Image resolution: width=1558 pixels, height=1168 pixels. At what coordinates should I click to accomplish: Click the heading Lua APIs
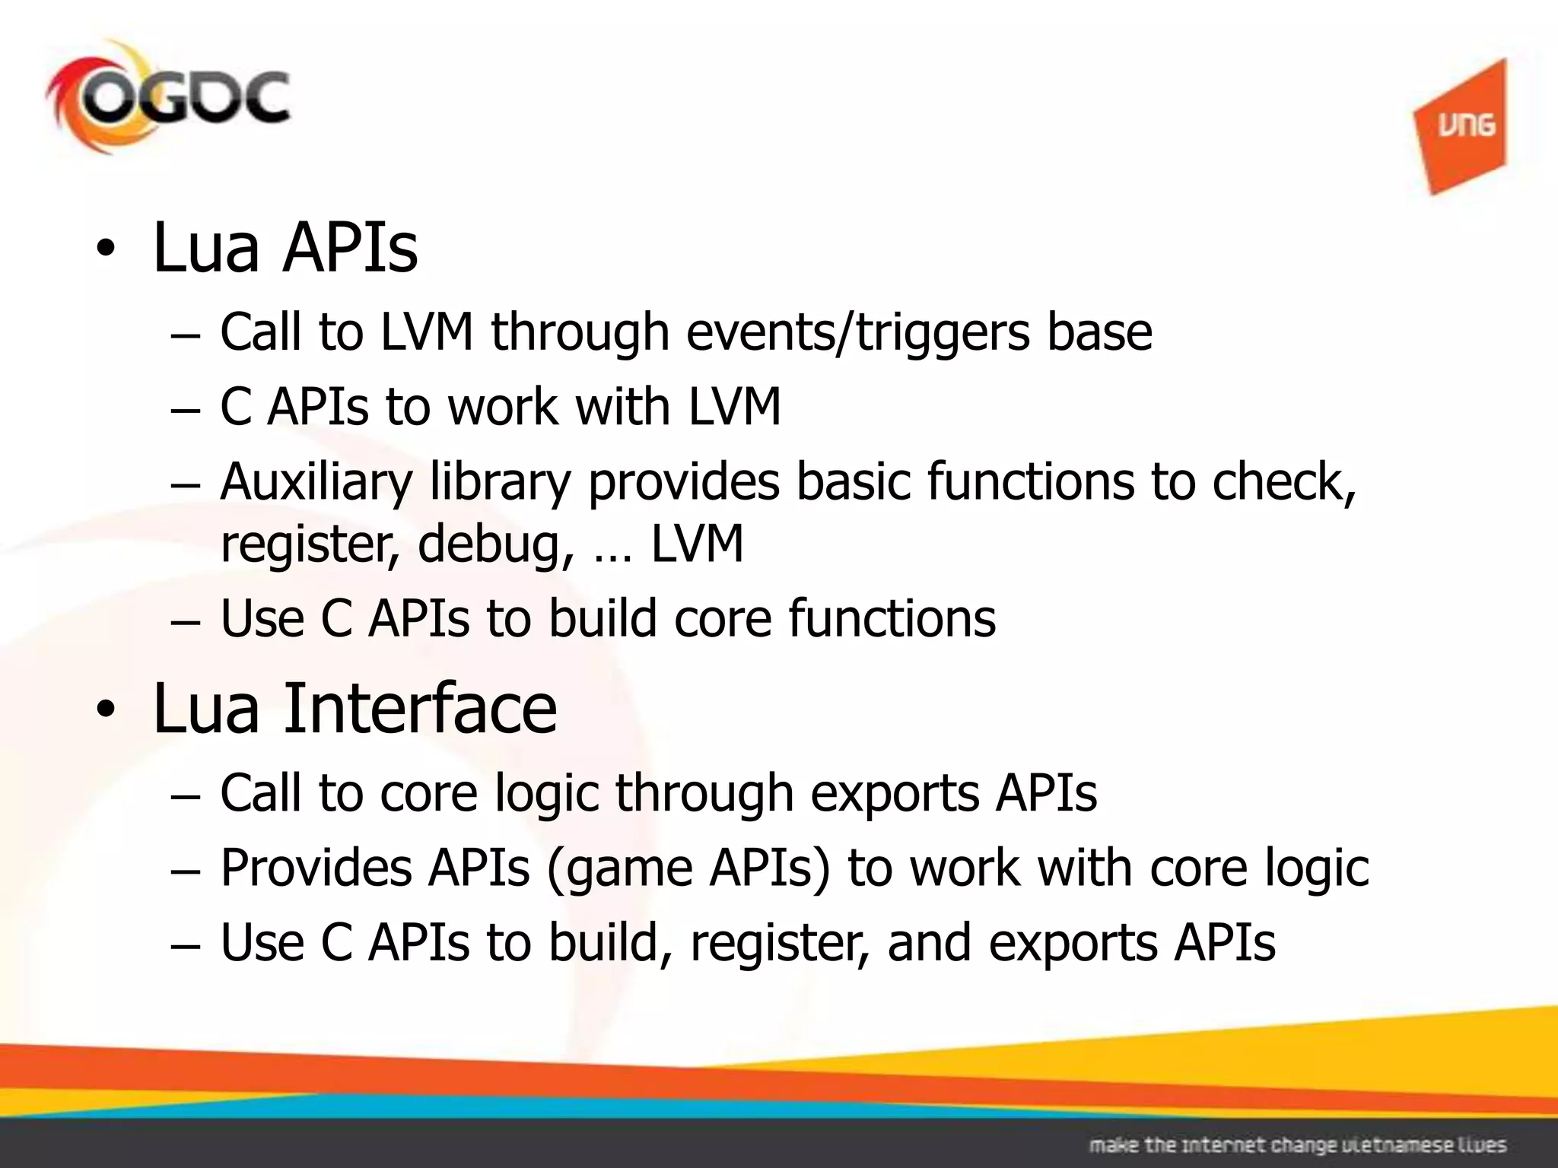pyautogui.click(x=285, y=248)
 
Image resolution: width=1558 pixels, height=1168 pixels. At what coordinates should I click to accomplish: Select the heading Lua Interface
pyautogui.click(x=355, y=709)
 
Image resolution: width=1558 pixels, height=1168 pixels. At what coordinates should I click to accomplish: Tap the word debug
pyautogui.click(x=495, y=544)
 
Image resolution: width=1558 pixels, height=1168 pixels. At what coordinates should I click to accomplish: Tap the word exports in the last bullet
pyautogui.click(x=1073, y=943)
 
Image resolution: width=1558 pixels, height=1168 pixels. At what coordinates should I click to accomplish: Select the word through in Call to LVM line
pyautogui.click(x=580, y=332)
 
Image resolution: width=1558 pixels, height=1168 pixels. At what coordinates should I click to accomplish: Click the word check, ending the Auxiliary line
pyautogui.click(x=1283, y=483)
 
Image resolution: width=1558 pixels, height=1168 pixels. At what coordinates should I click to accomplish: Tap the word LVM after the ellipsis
pyautogui.click(x=697, y=544)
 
